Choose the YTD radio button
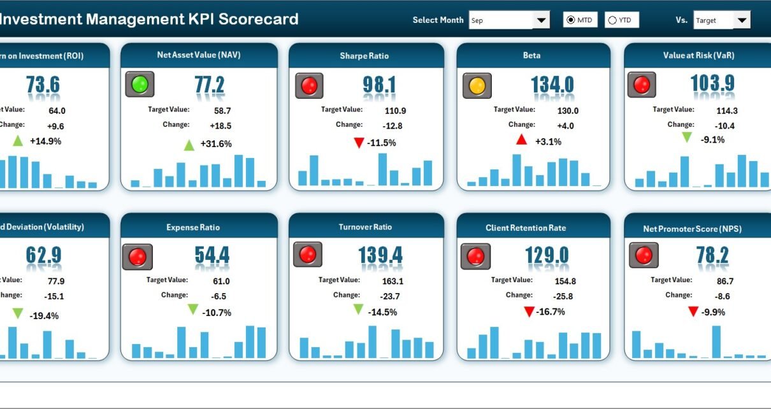click(612, 20)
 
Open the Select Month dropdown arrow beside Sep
click(541, 20)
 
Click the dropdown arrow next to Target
click(741, 20)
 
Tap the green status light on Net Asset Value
click(139, 85)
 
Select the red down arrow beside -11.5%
click(359, 143)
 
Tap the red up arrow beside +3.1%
click(521, 140)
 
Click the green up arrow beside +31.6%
click(189, 145)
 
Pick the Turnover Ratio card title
click(365, 227)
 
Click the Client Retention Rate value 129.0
click(547, 255)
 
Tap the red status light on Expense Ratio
click(138, 257)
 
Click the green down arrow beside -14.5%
click(358, 309)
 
